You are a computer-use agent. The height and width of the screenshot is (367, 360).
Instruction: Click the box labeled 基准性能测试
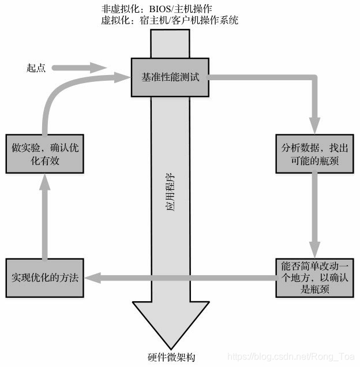(x=170, y=77)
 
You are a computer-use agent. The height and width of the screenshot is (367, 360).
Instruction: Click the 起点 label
(x=36, y=68)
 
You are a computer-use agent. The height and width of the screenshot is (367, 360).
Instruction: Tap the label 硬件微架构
(x=171, y=357)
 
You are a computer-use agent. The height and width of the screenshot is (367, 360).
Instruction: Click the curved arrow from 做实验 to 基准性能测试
(x=58, y=98)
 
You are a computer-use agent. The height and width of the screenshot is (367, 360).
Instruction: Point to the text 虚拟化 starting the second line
(x=113, y=21)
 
